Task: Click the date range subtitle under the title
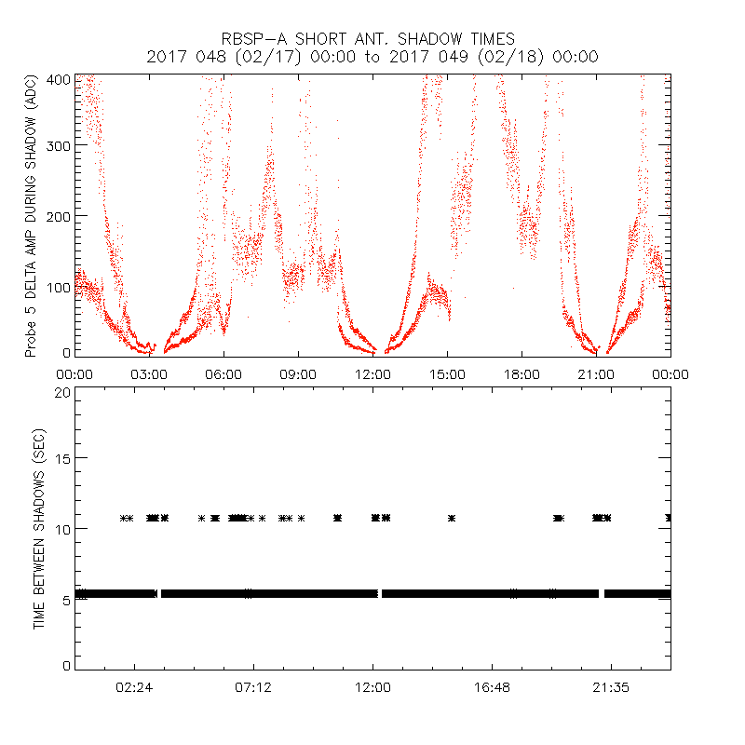click(x=372, y=57)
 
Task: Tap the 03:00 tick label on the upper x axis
click(x=149, y=374)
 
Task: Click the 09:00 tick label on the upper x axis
click(x=298, y=374)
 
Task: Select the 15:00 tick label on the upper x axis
click(x=447, y=374)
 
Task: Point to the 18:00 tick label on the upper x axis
click(x=521, y=374)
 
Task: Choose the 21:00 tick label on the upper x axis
click(x=596, y=374)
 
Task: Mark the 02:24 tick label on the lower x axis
click(x=134, y=687)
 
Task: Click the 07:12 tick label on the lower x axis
click(x=253, y=687)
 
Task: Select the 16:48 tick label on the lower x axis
click(x=492, y=687)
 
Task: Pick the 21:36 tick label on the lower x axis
click(x=611, y=687)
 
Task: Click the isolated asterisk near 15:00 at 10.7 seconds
click(x=452, y=518)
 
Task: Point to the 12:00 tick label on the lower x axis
click(x=372, y=687)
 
